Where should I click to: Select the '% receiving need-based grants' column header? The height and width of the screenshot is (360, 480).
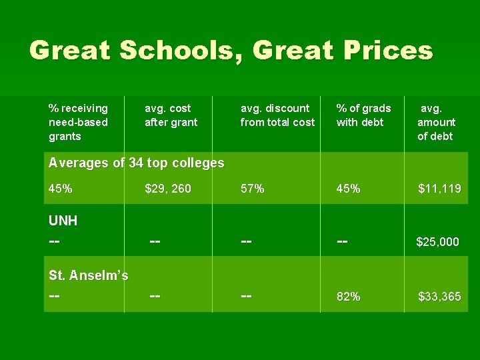click(79, 122)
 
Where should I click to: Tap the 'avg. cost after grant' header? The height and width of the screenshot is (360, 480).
click(171, 115)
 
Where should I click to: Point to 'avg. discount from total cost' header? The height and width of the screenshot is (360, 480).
click(277, 115)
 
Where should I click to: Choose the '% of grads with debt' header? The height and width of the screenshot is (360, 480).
click(363, 115)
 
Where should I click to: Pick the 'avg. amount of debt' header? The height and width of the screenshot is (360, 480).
click(436, 122)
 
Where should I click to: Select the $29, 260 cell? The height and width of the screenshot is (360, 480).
click(168, 189)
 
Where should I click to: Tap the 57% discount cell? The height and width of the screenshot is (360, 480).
click(253, 189)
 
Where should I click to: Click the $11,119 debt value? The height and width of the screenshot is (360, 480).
click(439, 189)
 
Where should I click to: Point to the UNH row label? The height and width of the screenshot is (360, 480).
click(63, 221)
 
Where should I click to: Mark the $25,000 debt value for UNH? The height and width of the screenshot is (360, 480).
click(437, 241)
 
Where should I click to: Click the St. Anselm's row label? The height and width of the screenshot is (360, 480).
click(89, 275)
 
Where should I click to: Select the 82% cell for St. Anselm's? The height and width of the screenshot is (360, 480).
click(349, 297)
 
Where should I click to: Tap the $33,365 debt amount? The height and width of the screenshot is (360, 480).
click(439, 297)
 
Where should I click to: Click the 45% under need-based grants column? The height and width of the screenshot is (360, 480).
click(61, 189)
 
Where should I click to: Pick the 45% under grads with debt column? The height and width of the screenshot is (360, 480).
click(349, 189)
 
